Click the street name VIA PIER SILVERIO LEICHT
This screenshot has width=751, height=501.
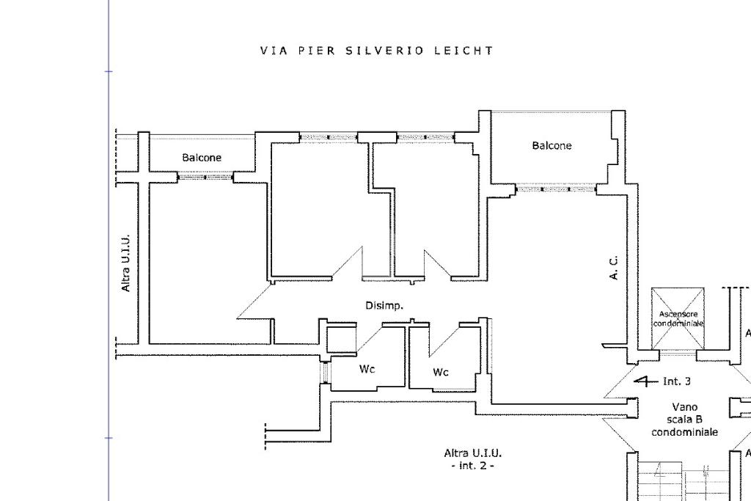[376, 51]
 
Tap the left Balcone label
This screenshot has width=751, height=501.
[202, 158]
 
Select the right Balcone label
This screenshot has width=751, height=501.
[552, 146]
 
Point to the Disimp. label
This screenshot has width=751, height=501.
[384, 305]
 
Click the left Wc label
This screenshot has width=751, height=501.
[367, 369]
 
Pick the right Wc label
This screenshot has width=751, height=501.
[440, 372]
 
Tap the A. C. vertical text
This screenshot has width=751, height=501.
[615, 268]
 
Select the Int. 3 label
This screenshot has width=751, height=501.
[676, 381]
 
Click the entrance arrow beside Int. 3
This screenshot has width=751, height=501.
[645, 381]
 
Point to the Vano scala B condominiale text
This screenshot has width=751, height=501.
[684, 420]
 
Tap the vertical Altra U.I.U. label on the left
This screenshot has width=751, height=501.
[126, 263]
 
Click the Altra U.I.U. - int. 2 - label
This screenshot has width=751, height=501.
[472, 459]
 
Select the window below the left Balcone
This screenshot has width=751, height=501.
[205, 177]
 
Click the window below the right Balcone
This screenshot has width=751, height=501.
[556, 189]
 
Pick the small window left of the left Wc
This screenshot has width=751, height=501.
[324, 372]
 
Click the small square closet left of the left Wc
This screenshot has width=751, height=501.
[340, 340]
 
